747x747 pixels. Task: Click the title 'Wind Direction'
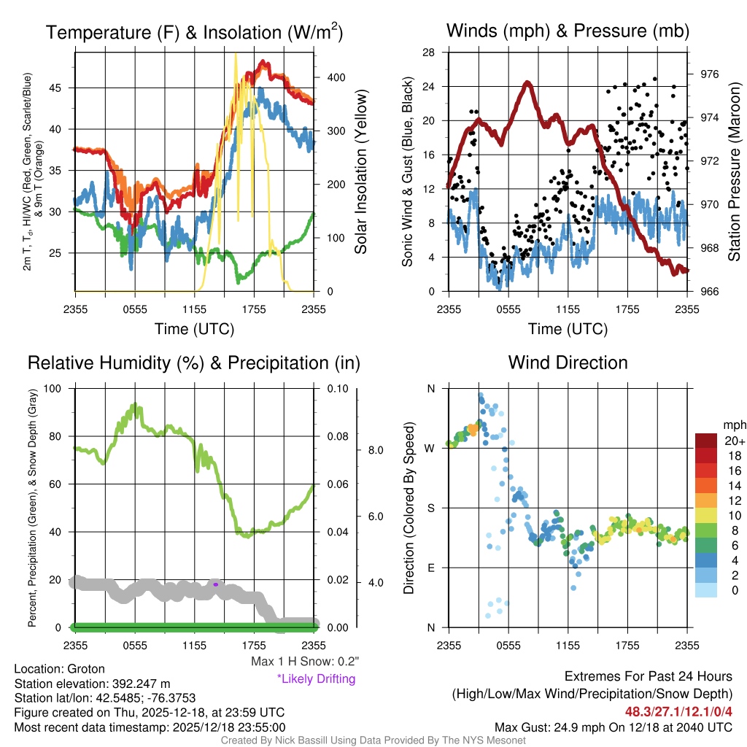[568, 363]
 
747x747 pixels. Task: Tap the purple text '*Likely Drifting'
[316, 678]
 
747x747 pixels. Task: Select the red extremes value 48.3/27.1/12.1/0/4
[678, 711]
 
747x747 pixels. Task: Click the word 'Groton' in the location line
[86, 669]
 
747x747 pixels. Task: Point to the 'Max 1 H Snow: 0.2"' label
[304, 662]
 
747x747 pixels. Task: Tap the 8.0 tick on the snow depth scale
[373, 450]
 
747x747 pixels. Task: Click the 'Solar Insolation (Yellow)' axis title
[360, 172]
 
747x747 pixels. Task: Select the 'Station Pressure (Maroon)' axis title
[734, 172]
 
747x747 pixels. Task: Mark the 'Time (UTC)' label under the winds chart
[568, 329]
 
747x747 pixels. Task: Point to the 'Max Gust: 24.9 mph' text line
[613, 727]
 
